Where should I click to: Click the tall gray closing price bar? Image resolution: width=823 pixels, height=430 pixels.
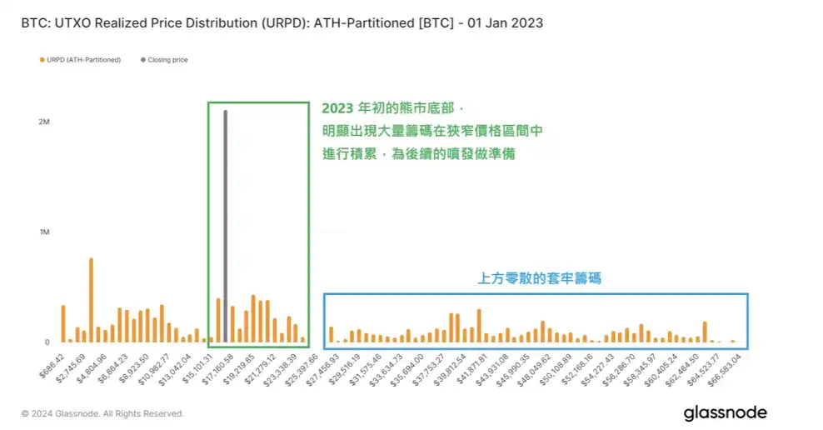[225, 225]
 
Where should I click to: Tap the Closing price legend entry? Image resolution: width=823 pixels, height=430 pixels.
[167, 60]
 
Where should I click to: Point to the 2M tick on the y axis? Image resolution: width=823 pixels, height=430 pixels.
[44, 122]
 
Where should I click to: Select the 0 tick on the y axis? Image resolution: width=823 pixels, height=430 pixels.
[47, 342]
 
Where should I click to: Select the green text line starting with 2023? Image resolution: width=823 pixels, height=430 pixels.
[390, 109]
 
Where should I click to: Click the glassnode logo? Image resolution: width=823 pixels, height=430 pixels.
[725, 412]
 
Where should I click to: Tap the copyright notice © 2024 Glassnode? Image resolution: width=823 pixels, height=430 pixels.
[102, 413]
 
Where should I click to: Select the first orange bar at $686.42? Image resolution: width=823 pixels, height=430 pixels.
[62, 324]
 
